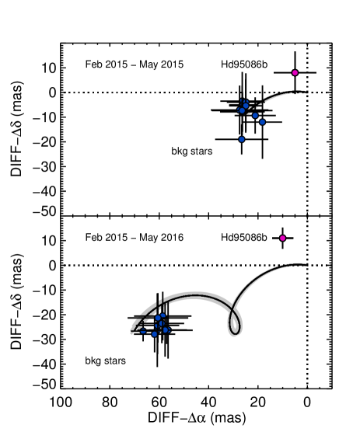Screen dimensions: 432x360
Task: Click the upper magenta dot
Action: [x=295, y=72]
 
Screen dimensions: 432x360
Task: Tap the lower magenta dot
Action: [x=282, y=238]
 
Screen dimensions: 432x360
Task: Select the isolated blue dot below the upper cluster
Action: [x=241, y=139]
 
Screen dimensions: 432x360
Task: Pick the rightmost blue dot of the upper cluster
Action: [x=262, y=122]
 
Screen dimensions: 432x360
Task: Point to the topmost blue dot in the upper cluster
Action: [x=246, y=106]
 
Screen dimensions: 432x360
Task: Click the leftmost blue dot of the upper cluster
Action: [x=241, y=110]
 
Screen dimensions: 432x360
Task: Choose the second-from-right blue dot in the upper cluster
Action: [x=255, y=115]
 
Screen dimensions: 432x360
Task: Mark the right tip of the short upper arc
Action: [x=307, y=92]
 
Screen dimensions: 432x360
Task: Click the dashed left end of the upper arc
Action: [x=249, y=113]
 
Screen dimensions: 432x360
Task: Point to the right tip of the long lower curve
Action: [x=306, y=265]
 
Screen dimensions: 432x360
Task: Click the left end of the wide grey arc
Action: [x=132, y=332]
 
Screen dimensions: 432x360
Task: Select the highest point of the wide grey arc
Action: [x=194, y=294]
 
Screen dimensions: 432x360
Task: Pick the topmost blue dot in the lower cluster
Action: [x=163, y=315]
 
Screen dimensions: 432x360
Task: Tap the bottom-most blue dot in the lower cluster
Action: [x=154, y=334]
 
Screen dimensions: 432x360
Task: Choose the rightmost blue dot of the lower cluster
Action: [x=166, y=329]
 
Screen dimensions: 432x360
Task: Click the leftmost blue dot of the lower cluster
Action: [x=143, y=331]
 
